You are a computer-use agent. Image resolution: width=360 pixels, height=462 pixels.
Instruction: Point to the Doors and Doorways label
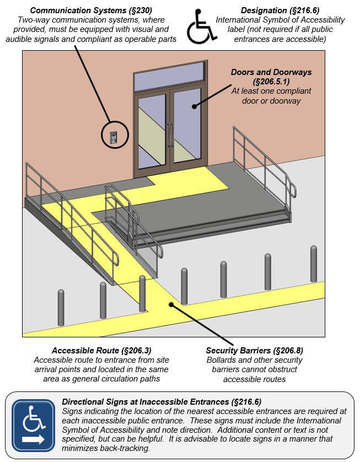coord(271,77)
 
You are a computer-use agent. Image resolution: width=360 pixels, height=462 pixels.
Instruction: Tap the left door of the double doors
coord(152,131)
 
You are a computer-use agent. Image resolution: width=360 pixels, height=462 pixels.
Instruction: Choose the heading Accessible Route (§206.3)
coord(101,351)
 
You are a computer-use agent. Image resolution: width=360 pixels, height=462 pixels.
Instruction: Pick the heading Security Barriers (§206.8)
coord(254,351)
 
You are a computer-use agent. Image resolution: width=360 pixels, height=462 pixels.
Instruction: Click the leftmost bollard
coord(61,307)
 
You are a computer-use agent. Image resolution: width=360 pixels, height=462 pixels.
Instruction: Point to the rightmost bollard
coord(314,263)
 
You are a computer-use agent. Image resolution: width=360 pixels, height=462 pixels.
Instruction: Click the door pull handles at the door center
coord(170,136)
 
